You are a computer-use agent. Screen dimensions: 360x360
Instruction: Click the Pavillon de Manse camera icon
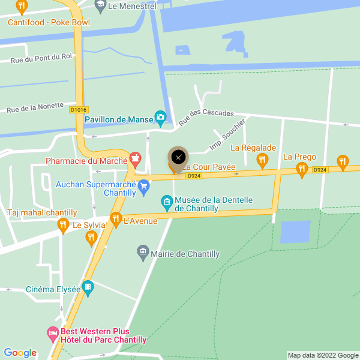pyautogui.click(x=160, y=117)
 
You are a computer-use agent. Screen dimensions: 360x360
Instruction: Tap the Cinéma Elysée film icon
pyautogui.click(x=88, y=288)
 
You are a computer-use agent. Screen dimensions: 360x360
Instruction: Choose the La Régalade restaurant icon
pyautogui.click(x=262, y=160)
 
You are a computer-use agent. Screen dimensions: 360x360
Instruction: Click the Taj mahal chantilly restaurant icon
pyautogui.click(x=63, y=225)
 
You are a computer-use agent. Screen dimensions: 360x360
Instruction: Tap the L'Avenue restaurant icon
pyautogui.click(x=116, y=219)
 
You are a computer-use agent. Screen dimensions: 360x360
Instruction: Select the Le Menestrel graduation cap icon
pyautogui.click(x=100, y=6)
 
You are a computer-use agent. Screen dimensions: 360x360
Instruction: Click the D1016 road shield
pyautogui.click(x=79, y=110)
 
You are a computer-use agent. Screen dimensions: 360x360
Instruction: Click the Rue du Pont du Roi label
pyautogui.click(x=41, y=58)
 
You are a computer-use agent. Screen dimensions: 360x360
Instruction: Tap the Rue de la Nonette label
pyautogui.click(x=35, y=107)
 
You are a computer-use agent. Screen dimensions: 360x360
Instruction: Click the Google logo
pyautogui.click(x=20, y=353)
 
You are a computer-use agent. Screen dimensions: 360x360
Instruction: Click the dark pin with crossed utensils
pyautogui.click(x=178, y=157)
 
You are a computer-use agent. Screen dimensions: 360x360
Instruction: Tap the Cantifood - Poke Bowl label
pyautogui.click(x=49, y=23)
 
